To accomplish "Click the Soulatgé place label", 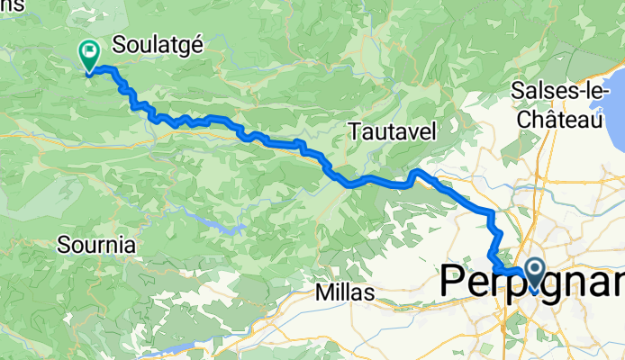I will click(x=159, y=44).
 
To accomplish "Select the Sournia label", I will click(x=96, y=244).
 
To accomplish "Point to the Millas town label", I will click(x=346, y=292).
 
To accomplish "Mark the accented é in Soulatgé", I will click(x=196, y=44).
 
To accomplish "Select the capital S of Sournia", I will click(x=63, y=244).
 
